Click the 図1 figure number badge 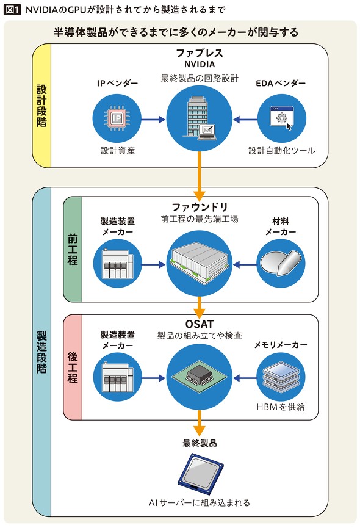point(13,9)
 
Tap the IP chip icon point(117,118)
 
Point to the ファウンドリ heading point(200,206)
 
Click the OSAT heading point(200,324)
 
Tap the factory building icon point(200,262)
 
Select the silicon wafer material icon point(281,262)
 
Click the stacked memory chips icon point(281,377)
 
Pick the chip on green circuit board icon point(200,377)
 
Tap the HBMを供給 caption point(281,407)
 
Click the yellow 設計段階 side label point(41,106)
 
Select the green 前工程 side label point(73,249)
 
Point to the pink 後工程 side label point(73,367)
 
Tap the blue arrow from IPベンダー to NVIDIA point(153,119)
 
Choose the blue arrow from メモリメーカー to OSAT point(245,378)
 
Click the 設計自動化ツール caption point(282,151)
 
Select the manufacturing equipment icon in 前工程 point(117,264)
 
